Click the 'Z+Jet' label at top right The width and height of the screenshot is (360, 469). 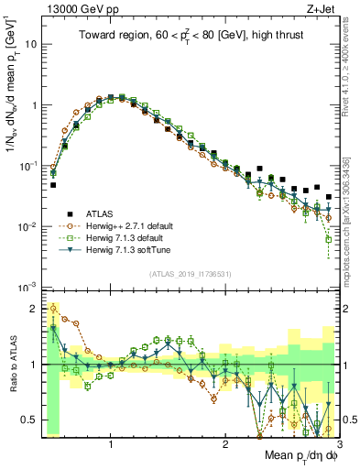click(x=316, y=8)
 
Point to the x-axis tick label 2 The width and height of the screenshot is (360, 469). click(x=225, y=443)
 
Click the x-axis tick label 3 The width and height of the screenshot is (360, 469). click(x=339, y=443)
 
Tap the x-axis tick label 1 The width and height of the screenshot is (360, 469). click(x=111, y=443)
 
